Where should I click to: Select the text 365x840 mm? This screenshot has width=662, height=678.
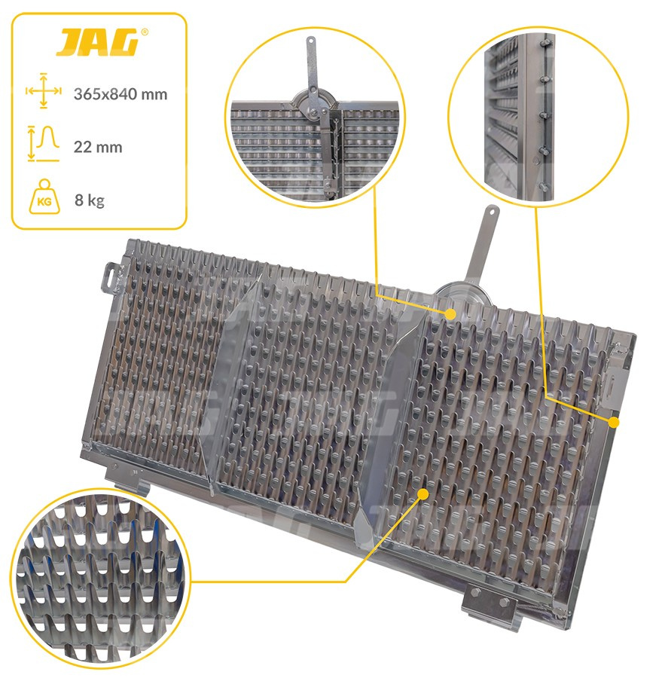[121, 94]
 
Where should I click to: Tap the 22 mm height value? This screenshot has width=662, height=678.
[98, 147]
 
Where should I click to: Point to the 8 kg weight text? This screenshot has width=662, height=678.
[90, 200]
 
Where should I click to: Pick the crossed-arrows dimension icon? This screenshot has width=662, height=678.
[43, 91]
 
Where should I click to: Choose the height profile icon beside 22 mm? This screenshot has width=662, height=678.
[43, 144]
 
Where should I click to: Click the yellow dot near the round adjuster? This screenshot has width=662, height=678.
[450, 314]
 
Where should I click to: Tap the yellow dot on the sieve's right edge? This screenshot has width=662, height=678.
[614, 423]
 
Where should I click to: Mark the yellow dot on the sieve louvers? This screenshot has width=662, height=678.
[424, 493]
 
